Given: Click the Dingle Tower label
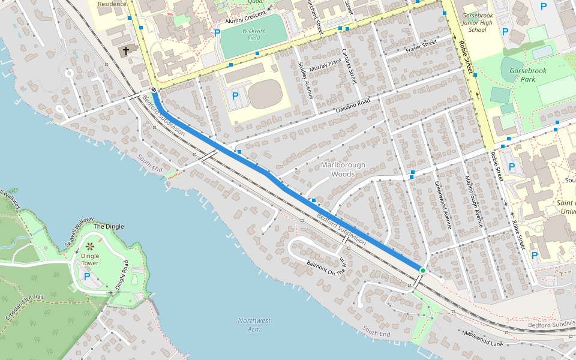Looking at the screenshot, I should point(90,260).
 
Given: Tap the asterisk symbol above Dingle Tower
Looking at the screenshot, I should point(90,247).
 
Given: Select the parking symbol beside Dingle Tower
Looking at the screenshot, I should point(87,277).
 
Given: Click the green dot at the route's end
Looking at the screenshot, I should point(422,271).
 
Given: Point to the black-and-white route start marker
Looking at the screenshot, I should point(154,90).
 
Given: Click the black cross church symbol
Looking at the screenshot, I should point(126,52).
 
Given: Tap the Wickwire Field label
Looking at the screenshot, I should point(254,34).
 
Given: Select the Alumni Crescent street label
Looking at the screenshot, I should point(245,17).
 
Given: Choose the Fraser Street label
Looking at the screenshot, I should point(421,45).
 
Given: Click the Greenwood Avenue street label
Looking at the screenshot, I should point(442,205).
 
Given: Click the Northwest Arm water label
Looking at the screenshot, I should point(254,325).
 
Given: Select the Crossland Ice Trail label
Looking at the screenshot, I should point(24,306).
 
